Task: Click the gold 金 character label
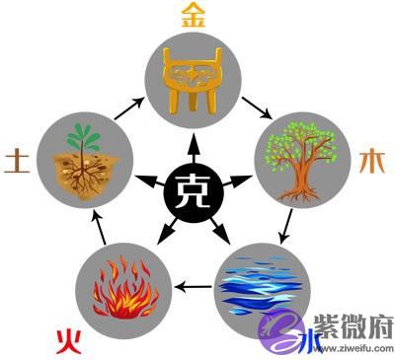[x=194, y=17]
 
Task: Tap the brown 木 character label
[x=372, y=162]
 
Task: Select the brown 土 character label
[x=17, y=161]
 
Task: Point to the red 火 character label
[x=68, y=342]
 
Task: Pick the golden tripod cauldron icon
[x=194, y=80]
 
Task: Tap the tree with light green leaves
[x=300, y=161]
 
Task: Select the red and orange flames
[x=125, y=288]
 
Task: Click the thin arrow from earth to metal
[x=129, y=108]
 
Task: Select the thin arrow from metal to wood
[x=257, y=108]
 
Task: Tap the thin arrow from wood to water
[x=285, y=227]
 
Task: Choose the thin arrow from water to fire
[x=194, y=287]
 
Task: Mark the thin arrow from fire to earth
[x=99, y=228]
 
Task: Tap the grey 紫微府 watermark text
[x=354, y=327]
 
